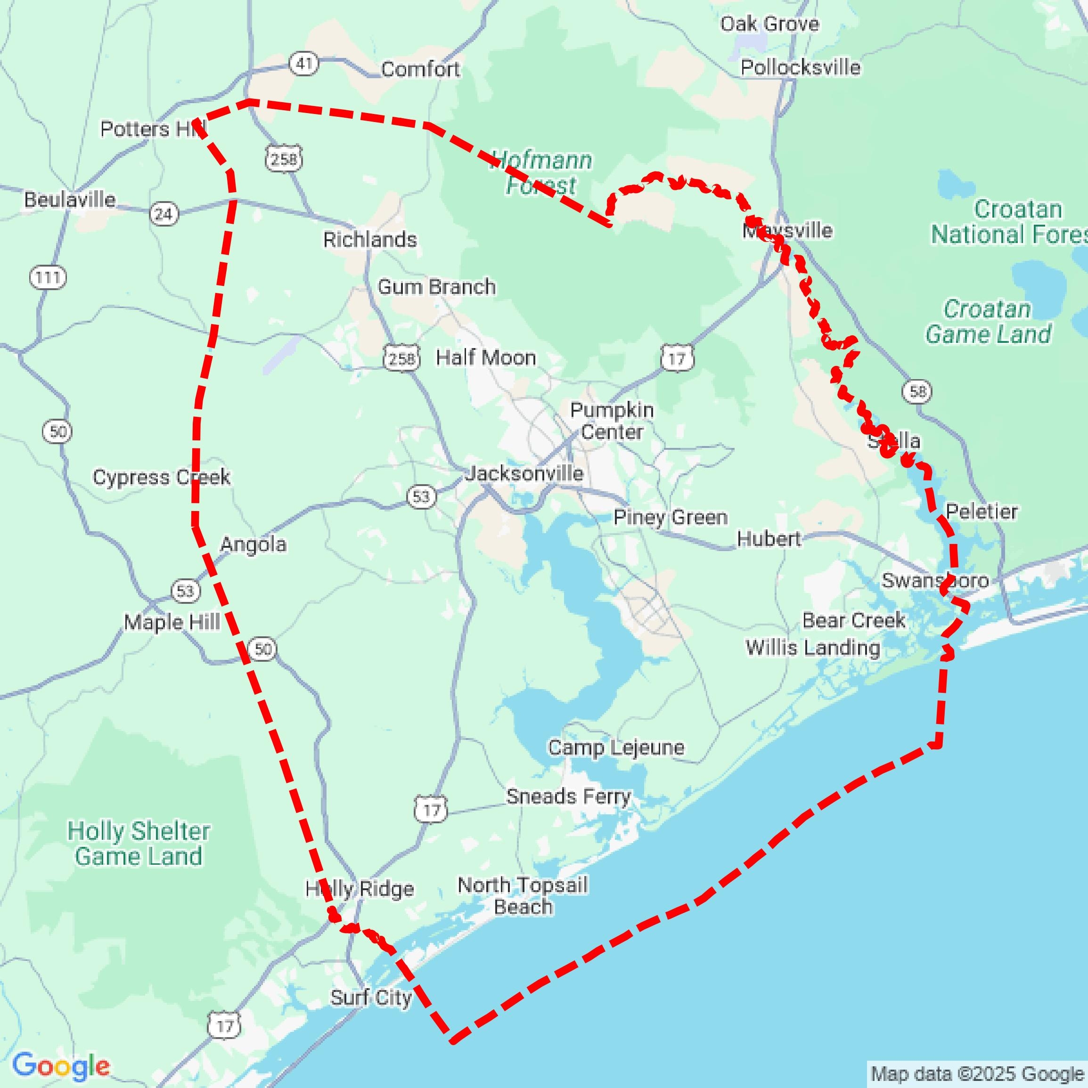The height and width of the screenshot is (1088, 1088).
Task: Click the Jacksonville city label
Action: point(524,474)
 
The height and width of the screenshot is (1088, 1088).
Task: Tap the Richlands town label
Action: point(369,240)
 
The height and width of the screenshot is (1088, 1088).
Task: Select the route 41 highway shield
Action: point(304,63)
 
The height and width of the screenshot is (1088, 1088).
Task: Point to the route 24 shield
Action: point(164,214)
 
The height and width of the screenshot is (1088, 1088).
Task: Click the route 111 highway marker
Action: point(48,277)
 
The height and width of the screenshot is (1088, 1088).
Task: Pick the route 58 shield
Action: point(917,391)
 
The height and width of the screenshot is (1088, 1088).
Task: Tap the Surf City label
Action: point(371,998)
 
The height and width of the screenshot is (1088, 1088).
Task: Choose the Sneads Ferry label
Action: point(568,796)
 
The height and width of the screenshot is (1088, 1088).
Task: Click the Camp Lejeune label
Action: point(616,747)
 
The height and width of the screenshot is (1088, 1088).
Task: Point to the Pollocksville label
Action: point(800,67)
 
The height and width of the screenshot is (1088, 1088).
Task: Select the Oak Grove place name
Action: point(769,24)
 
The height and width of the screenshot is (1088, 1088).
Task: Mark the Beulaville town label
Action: point(70,199)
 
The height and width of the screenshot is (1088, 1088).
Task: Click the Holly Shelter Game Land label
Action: point(139,844)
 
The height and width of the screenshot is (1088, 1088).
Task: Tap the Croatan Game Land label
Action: point(988,322)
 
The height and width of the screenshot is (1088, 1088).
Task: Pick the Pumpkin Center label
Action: point(612,421)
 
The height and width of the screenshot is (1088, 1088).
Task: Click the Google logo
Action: point(61,1064)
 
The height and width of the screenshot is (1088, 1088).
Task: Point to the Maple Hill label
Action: point(172,622)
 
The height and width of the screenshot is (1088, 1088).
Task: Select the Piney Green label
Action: point(670,517)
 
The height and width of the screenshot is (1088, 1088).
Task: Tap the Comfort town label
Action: point(420,69)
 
